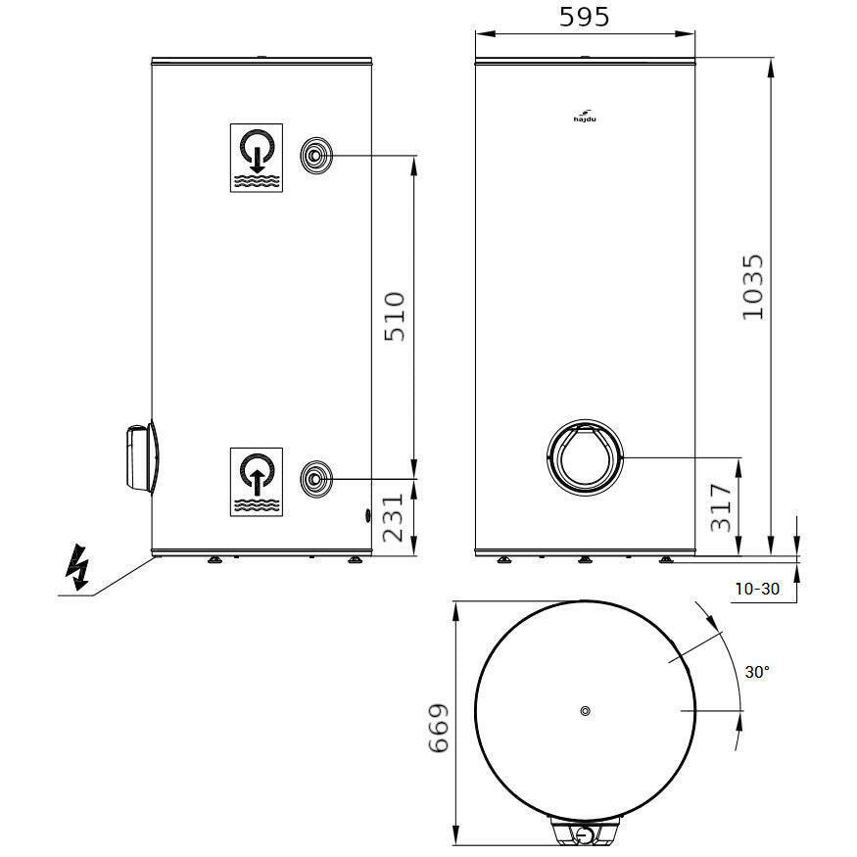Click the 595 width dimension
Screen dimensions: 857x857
click(x=584, y=17)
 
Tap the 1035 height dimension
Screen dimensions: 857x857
click(x=752, y=287)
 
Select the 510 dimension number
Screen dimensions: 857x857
click(x=395, y=317)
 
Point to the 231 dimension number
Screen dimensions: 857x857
click(x=393, y=517)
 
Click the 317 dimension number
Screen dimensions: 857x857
click(x=721, y=507)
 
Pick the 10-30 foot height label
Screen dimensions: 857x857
click(x=757, y=589)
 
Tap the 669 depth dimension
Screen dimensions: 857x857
click(x=439, y=729)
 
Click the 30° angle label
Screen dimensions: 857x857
click(x=757, y=672)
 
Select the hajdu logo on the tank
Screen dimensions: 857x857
click(x=585, y=117)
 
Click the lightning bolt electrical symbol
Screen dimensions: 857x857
click(x=77, y=567)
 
